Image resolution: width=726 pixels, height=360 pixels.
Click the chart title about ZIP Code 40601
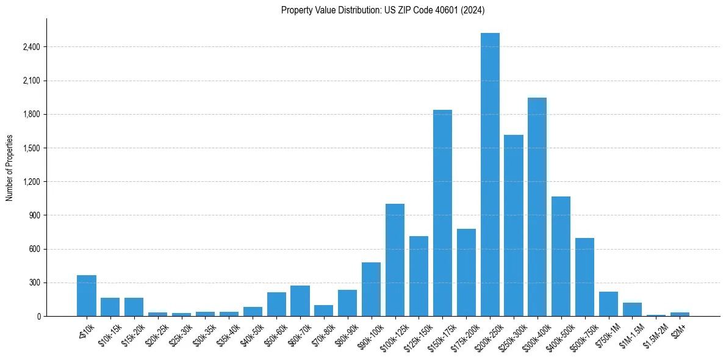pyautogui.click(x=383, y=10)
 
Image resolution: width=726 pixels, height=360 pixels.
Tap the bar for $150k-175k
pyautogui.click(x=442, y=213)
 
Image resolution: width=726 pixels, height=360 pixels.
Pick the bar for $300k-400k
pyautogui.click(x=537, y=207)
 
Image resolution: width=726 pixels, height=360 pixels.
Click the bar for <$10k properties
pyautogui.click(x=87, y=296)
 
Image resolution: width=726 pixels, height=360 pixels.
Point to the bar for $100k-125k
pyautogui.click(x=395, y=260)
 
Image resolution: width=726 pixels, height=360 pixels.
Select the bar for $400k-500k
pyautogui.click(x=561, y=256)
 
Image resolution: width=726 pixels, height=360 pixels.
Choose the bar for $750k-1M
pyautogui.click(x=608, y=304)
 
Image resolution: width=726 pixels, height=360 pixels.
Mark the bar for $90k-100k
pyautogui.click(x=372, y=289)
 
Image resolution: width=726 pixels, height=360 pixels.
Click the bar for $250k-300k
pyautogui.click(x=514, y=226)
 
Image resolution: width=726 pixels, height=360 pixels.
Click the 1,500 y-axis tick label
pyautogui.click(x=31, y=148)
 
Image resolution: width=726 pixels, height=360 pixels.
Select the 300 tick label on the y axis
pyautogui.click(x=34, y=283)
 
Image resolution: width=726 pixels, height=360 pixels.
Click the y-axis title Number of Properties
pyautogui.click(x=10, y=168)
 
